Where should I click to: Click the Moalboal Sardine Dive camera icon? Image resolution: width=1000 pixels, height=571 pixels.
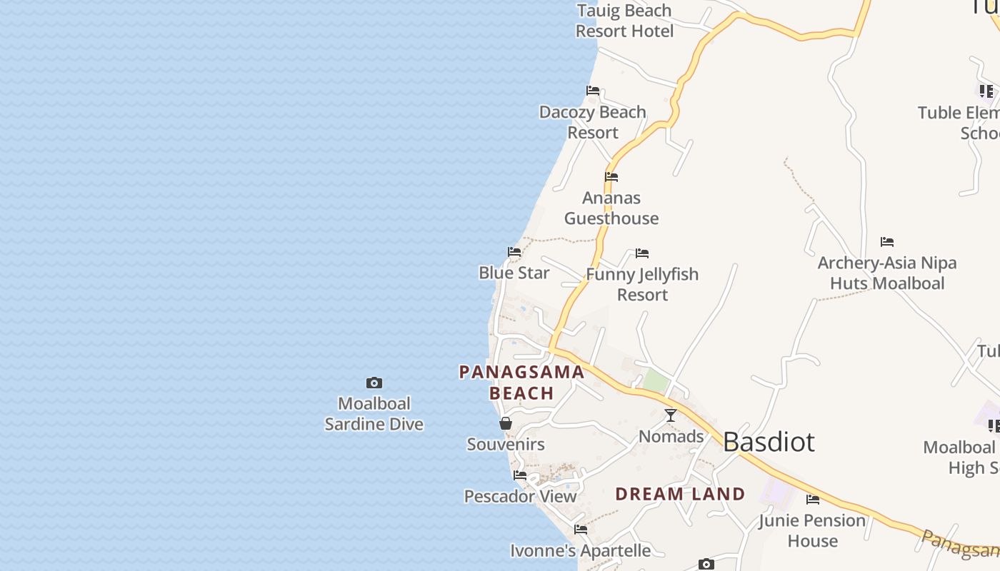pyautogui.click(x=374, y=383)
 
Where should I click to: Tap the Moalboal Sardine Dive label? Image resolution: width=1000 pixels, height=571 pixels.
pyautogui.click(x=374, y=414)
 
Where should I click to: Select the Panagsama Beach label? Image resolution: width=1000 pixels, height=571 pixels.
pyautogui.click(x=521, y=383)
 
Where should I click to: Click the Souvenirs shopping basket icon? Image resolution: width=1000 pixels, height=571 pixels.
pyautogui.click(x=506, y=423)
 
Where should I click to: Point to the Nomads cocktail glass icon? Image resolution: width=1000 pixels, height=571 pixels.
pyautogui.click(x=671, y=415)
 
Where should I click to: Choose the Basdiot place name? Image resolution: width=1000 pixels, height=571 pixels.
pyautogui.click(x=769, y=442)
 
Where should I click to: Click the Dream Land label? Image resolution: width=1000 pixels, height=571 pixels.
pyautogui.click(x=680, y=494)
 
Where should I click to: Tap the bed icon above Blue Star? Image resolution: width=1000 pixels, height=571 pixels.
pyautogui.click(x=514, y=252)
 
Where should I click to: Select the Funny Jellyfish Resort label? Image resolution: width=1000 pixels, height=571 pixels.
pyautogui.click(x=642, y=284)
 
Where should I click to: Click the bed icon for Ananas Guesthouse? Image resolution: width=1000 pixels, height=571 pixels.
pyautogui.click(x=611, y=177)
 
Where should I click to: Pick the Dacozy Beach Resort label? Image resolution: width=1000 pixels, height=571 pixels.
pyautogui.click(x=593, y=122)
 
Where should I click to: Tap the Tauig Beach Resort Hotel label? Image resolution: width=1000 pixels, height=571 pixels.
pyautogui.click(x=625, y=21)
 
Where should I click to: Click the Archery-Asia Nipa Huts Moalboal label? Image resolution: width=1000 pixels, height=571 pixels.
pyautogui.click(x=887, y=273)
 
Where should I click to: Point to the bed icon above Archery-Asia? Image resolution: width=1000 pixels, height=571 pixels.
pyautogui.click(x=887, y=242)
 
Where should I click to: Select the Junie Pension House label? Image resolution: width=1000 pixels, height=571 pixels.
pyautogui.click(x=812, y=530)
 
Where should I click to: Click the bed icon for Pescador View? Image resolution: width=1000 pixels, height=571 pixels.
pyautogui.click(x=520, y=475)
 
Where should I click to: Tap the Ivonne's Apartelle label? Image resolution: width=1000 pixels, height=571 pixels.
pyautogui.click(x=580, y=551)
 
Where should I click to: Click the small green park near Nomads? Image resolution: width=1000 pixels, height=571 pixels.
pyautogui.click(x=655, y=381)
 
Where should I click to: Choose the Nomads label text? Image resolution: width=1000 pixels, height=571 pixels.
pyautogui.click(x=671, y=436)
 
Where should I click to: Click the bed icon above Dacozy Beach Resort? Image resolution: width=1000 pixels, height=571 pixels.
pyautogui.click(x=593, y=91)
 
